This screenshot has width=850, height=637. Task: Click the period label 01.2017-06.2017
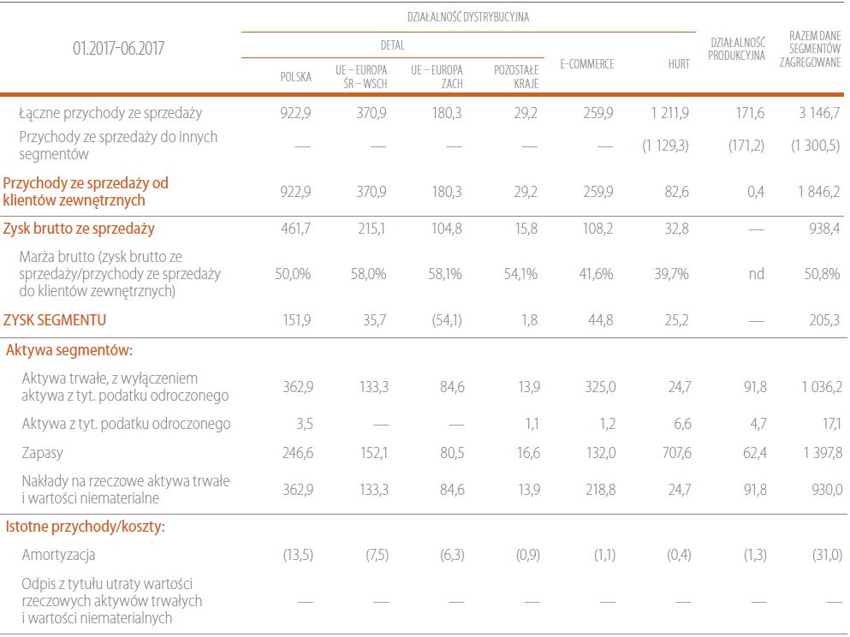click(x=118, y=49)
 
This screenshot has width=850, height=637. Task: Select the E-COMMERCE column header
click(x=586, y=64)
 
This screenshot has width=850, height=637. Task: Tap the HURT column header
click(x=679, y=64)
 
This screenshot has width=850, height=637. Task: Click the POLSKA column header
click(x=296, y=75)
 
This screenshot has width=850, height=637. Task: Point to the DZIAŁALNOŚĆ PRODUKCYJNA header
click(x=736, y=50)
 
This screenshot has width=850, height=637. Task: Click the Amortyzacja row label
click(x=58, y=555)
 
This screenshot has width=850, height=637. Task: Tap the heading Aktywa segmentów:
click(x=68, y=349)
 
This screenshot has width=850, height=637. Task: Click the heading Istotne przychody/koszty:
click(x=86, y=526)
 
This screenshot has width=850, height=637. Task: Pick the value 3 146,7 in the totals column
click(x=818, y=112)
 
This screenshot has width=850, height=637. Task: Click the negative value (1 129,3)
click(x=665, y=146)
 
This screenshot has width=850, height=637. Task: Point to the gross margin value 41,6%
click(x=596, y=274)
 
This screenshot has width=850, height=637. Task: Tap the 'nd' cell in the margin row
click(x=756, y=274)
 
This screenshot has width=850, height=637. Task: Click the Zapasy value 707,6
click(x=675, y=453)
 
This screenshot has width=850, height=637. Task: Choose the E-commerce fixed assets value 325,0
click(x=599, y=387)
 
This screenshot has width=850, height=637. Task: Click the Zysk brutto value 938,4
click(x=823, y=229)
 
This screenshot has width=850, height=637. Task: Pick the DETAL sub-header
click(x=392, y=45)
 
